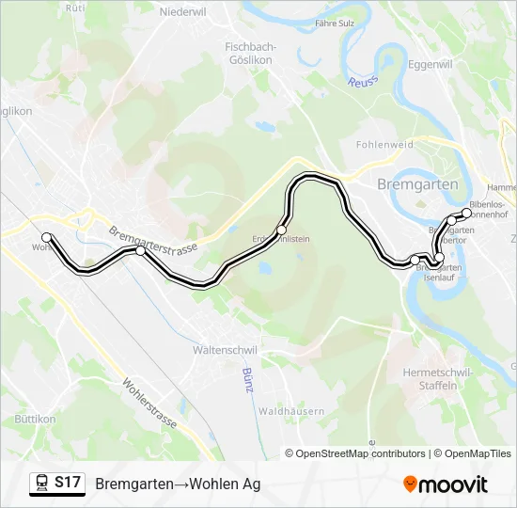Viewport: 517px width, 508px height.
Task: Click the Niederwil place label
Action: (182, 12)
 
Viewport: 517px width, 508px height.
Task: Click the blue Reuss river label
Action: (362, 83)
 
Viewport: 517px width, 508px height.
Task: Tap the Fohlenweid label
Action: (384, 145)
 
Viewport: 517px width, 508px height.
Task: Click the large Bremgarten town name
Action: (416, 184)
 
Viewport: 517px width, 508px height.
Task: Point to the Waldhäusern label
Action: (291, 411)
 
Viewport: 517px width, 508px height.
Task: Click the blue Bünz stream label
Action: (248, 380)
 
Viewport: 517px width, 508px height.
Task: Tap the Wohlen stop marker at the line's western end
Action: (46, 237)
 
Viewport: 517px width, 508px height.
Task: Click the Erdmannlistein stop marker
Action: (281, 230)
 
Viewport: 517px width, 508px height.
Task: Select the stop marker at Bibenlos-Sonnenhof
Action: (466, 214)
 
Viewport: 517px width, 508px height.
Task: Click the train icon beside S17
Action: (42, 484)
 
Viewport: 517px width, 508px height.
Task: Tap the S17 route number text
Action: (68, 483)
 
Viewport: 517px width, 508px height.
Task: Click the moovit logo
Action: (446, 484)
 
